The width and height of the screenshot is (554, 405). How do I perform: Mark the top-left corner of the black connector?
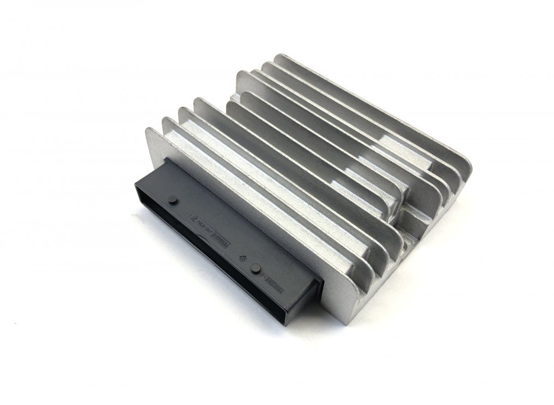coord(137,182)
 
